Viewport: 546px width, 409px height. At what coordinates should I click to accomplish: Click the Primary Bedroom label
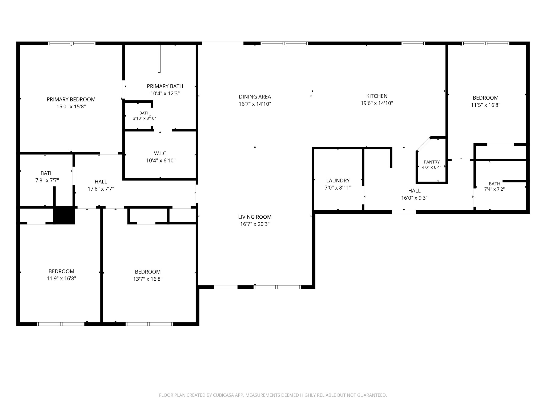click(x=71, y=99)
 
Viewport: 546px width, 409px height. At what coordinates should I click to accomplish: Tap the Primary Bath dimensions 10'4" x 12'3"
click(x=165, y=93)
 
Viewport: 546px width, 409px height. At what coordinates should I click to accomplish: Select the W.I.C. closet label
click(x=161, y=153)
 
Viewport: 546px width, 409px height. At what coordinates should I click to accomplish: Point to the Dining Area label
click(x=255, y=97)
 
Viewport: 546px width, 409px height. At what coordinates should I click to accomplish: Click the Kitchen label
click(x=377, y=96)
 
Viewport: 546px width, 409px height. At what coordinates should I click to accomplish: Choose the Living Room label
click(x=255, y=217)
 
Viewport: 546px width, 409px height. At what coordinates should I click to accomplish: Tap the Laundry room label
click(x=338, y=181)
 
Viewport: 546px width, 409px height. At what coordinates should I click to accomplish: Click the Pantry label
click(x=432, y=162)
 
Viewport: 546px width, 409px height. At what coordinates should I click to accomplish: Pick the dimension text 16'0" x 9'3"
click(x=414, y=198)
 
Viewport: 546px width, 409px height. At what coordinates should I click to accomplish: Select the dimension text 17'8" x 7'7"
click(x=101, y=189)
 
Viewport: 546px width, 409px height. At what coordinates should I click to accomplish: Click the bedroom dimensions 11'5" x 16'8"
click(x=485, y=105)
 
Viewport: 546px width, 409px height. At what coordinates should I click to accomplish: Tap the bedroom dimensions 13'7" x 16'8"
click(x=148, y=279)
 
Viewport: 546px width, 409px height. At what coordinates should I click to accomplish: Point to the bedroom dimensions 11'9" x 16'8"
click(x=61, y=279)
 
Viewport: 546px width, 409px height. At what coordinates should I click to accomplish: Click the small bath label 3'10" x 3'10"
click(x=144, y=118)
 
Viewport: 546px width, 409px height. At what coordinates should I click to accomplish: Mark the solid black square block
click(x=64, y=215)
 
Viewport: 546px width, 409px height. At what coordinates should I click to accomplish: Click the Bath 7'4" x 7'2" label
click(x=494, y=186)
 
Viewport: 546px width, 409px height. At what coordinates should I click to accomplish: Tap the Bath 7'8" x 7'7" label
click(x=47, y=177)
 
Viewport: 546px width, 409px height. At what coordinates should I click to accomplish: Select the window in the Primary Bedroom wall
click(x=72, y=43)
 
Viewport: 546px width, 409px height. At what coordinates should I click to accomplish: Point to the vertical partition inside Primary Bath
click(x=159, y=59)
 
